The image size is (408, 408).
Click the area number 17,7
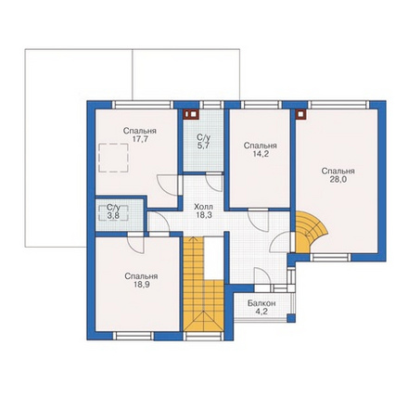tap(140, 139)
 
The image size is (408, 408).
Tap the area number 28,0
tap(338, 180)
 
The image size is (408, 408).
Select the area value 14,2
tap(261, 154)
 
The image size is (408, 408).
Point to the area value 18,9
tap(142, 285)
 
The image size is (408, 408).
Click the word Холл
tap(203, 207)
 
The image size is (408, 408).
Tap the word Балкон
tap(261, 303)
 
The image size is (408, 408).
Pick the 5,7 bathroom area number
tap(204, 146)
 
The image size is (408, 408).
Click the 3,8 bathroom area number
tap(113, 215)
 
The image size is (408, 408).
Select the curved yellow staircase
tap(309, 231)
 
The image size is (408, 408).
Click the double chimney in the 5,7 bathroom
tap(190, 114)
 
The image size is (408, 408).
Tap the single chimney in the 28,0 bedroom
tap(300, 114)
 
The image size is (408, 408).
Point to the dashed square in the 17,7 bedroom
tap(113, 158)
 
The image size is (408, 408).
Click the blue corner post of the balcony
tap(291, 318)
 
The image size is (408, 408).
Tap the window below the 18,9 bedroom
tap(134, 336)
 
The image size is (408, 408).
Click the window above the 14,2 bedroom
tap(261, 105)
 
